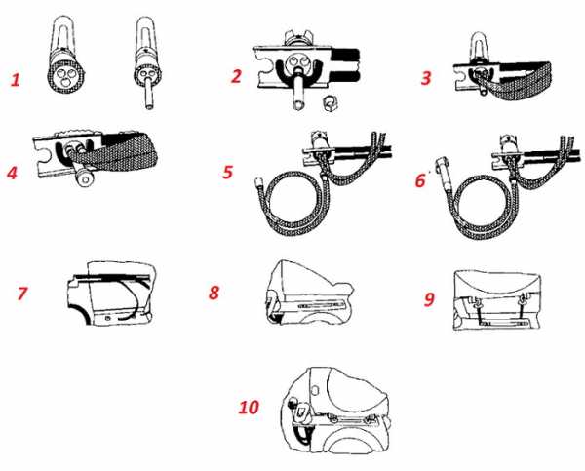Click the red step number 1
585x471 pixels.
click(16, 80)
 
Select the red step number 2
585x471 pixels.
click(236, 76)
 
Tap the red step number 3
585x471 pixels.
click(426, 78)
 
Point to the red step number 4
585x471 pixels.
click(12, 173)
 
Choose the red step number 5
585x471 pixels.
click(227, 172)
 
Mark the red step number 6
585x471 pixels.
click(420, 180)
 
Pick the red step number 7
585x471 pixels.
click(22, 293)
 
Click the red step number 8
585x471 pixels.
click(214, 293)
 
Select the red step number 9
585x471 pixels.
click(429, 298)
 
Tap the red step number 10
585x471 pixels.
click(249, 407)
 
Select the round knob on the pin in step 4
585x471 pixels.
click(85, 178)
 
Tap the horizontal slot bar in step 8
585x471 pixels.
click(320, 305)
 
